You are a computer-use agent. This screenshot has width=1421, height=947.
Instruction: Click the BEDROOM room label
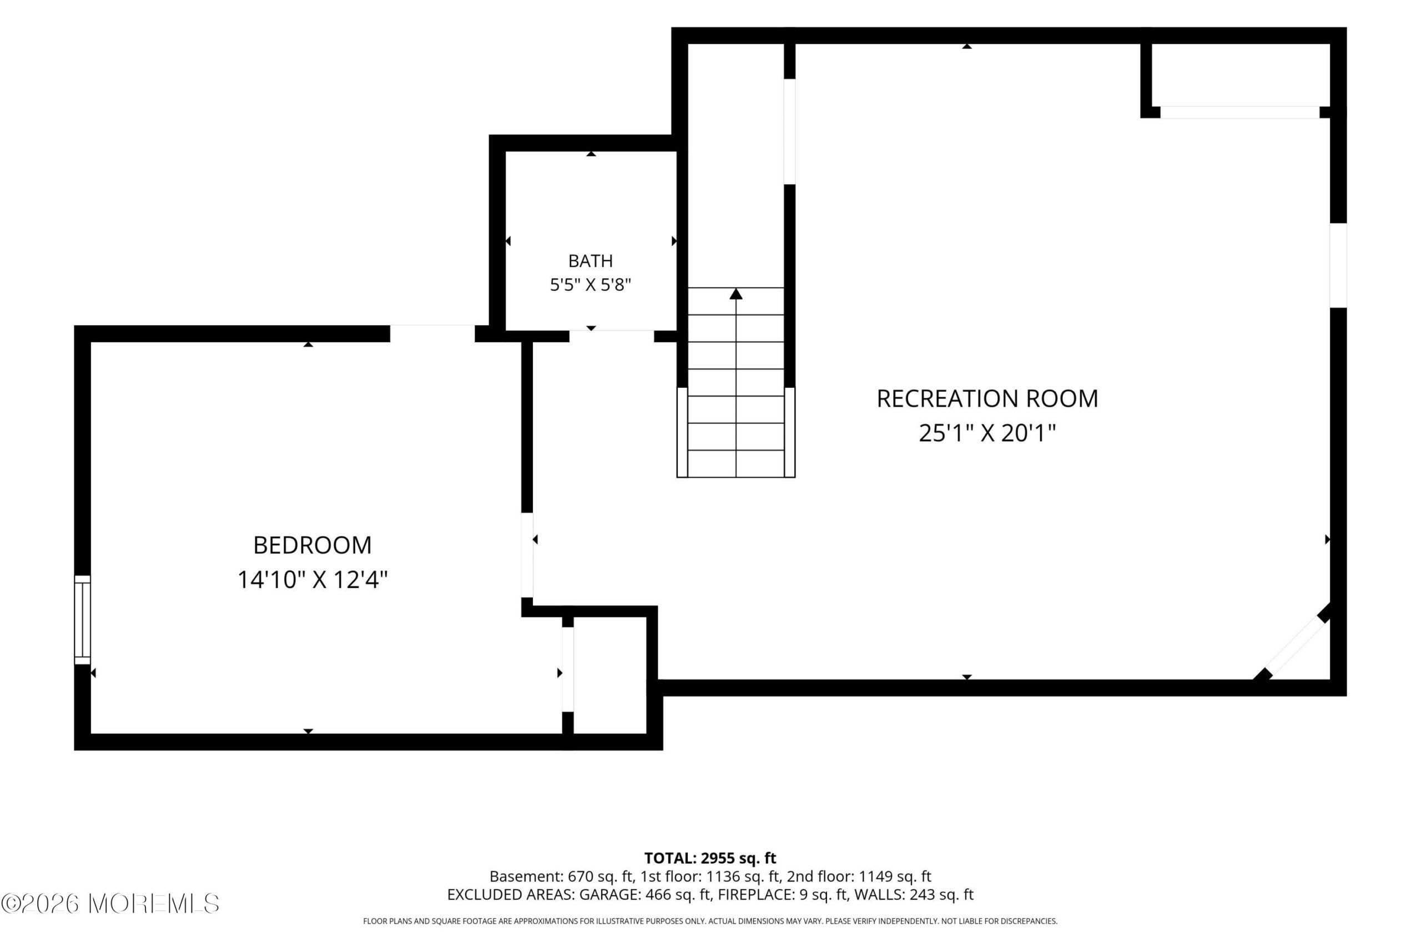coord(313,545)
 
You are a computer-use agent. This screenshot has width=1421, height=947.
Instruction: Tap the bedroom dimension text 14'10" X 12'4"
coord(313,580)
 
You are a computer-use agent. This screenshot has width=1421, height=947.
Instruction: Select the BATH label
coord(590,261)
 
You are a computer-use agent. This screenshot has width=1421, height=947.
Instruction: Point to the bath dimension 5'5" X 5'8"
coord(590,285)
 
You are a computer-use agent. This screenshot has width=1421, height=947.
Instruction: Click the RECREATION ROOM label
coord(987,399)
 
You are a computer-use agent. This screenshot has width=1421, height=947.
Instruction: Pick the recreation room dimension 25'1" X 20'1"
coord(987,433)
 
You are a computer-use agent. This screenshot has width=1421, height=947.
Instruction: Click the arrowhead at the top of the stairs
coord(736,293)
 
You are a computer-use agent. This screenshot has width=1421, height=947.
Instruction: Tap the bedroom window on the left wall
coord(82,620)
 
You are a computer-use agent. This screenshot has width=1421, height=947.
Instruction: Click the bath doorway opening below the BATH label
coord(611,336)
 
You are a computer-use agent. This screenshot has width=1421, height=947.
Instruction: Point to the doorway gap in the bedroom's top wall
coord(432,333)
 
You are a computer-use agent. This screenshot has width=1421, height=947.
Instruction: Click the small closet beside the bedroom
coord(609,675)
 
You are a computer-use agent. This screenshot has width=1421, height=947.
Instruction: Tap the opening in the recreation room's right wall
coord(1338,265)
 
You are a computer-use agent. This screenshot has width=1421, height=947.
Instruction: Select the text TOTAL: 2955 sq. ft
coord(710,858)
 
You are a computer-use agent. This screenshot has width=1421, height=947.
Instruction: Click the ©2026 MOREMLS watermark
coord(110,904)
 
